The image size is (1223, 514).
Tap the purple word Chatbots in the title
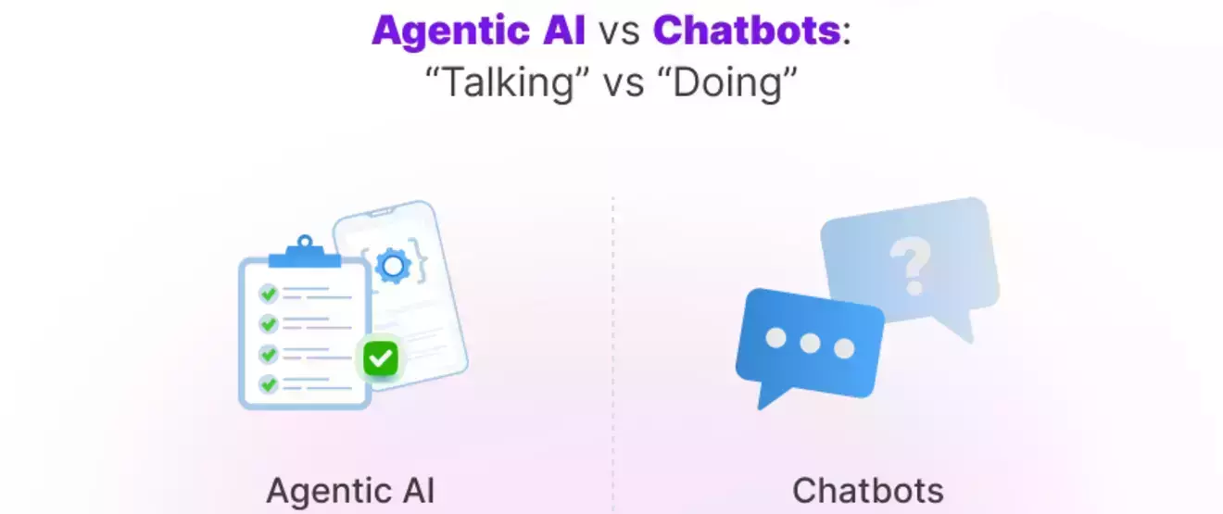pyautogui.click(x=747, y=31)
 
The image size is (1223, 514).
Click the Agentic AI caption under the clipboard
pyautogui.click(x=350, y=490)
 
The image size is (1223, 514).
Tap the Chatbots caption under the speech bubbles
pyautogui.click(x=867, y=490)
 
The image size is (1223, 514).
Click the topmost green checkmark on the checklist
pyautogui.click(x=269, y=294)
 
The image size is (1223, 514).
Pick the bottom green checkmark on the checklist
pyautogui.click(x=269, y=382)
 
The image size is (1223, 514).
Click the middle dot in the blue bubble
pyautogui.click(x=810, y=344)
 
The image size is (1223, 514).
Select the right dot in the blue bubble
pyautogui.click(x=843, y=348)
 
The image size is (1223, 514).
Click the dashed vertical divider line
pyautogui.click(x=612, y=352)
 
